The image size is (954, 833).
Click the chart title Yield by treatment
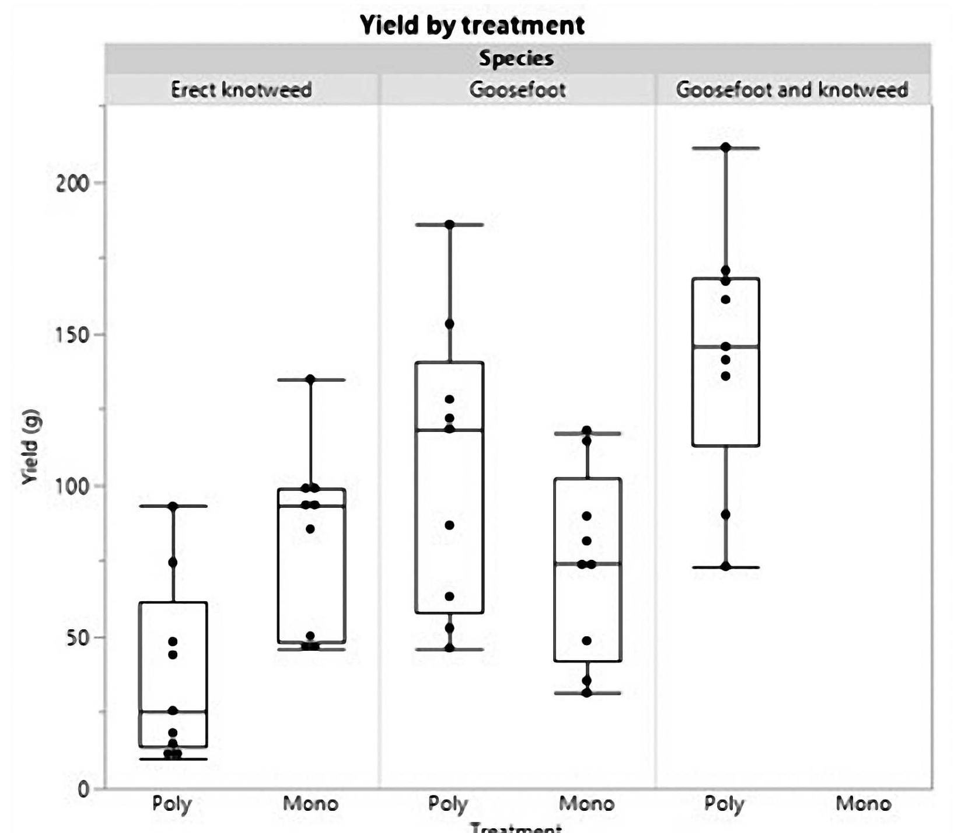472,26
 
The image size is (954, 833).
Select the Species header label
516,58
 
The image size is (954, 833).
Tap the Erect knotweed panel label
241,90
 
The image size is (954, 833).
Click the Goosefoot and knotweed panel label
792,90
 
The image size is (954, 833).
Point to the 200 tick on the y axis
72,183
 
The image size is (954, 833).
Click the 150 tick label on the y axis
72,335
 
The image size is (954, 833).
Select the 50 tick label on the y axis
77,637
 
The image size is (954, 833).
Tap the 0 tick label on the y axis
83,789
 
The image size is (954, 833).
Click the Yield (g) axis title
30,448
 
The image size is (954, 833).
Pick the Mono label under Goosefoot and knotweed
863,804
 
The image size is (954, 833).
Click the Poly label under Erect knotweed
172,804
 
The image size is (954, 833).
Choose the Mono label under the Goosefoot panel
586,804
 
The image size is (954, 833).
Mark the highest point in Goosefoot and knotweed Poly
725,148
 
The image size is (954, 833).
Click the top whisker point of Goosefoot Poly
449,225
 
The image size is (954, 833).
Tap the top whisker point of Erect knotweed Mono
310,379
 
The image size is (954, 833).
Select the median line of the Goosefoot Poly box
449,430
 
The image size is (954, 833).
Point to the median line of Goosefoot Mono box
587,563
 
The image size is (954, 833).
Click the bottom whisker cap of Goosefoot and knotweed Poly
725,567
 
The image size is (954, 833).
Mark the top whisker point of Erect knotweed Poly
173,506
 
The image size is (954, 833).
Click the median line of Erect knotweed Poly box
173,712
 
